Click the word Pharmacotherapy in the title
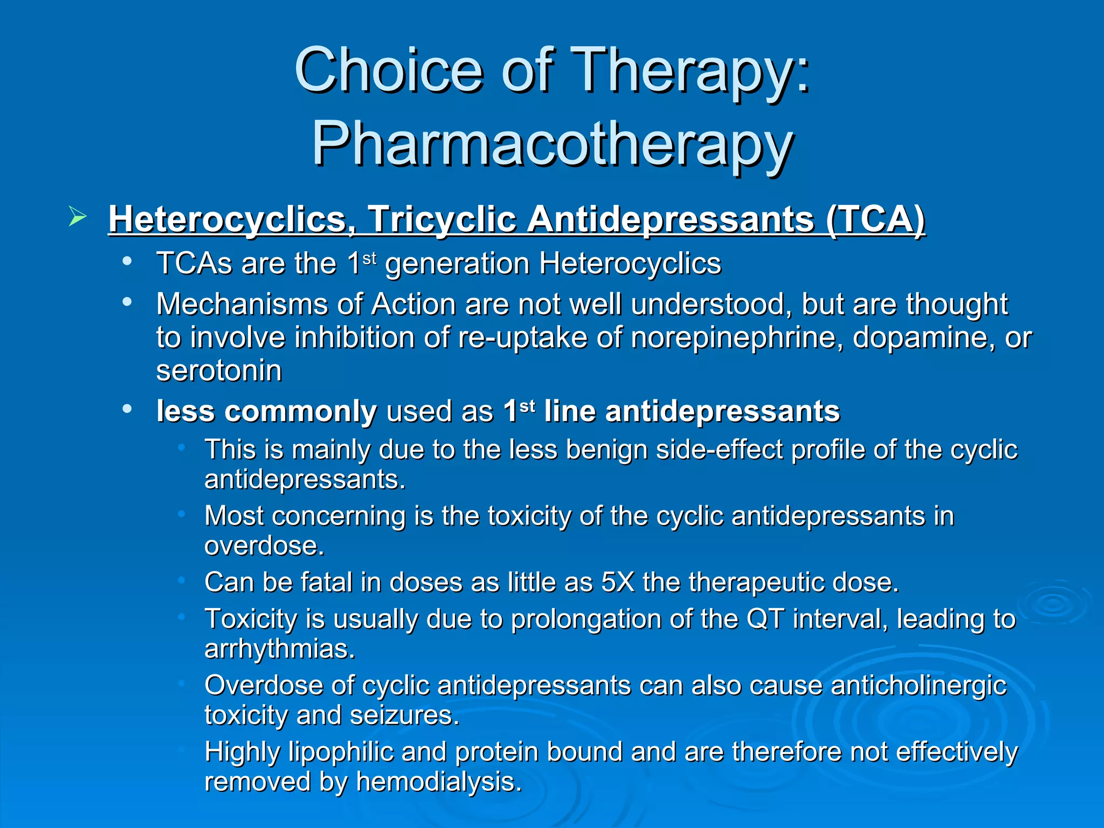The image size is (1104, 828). coord(552,144)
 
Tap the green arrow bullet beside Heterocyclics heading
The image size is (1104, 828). coord(78,217)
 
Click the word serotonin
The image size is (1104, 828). coord(219,371)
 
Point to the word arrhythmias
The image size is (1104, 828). coord(280,648)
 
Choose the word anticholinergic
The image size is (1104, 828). coord(919,686)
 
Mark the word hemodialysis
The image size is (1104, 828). coord(439,782)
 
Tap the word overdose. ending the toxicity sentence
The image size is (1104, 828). coord(264,546)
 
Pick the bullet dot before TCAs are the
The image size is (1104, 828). coord(127,261)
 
